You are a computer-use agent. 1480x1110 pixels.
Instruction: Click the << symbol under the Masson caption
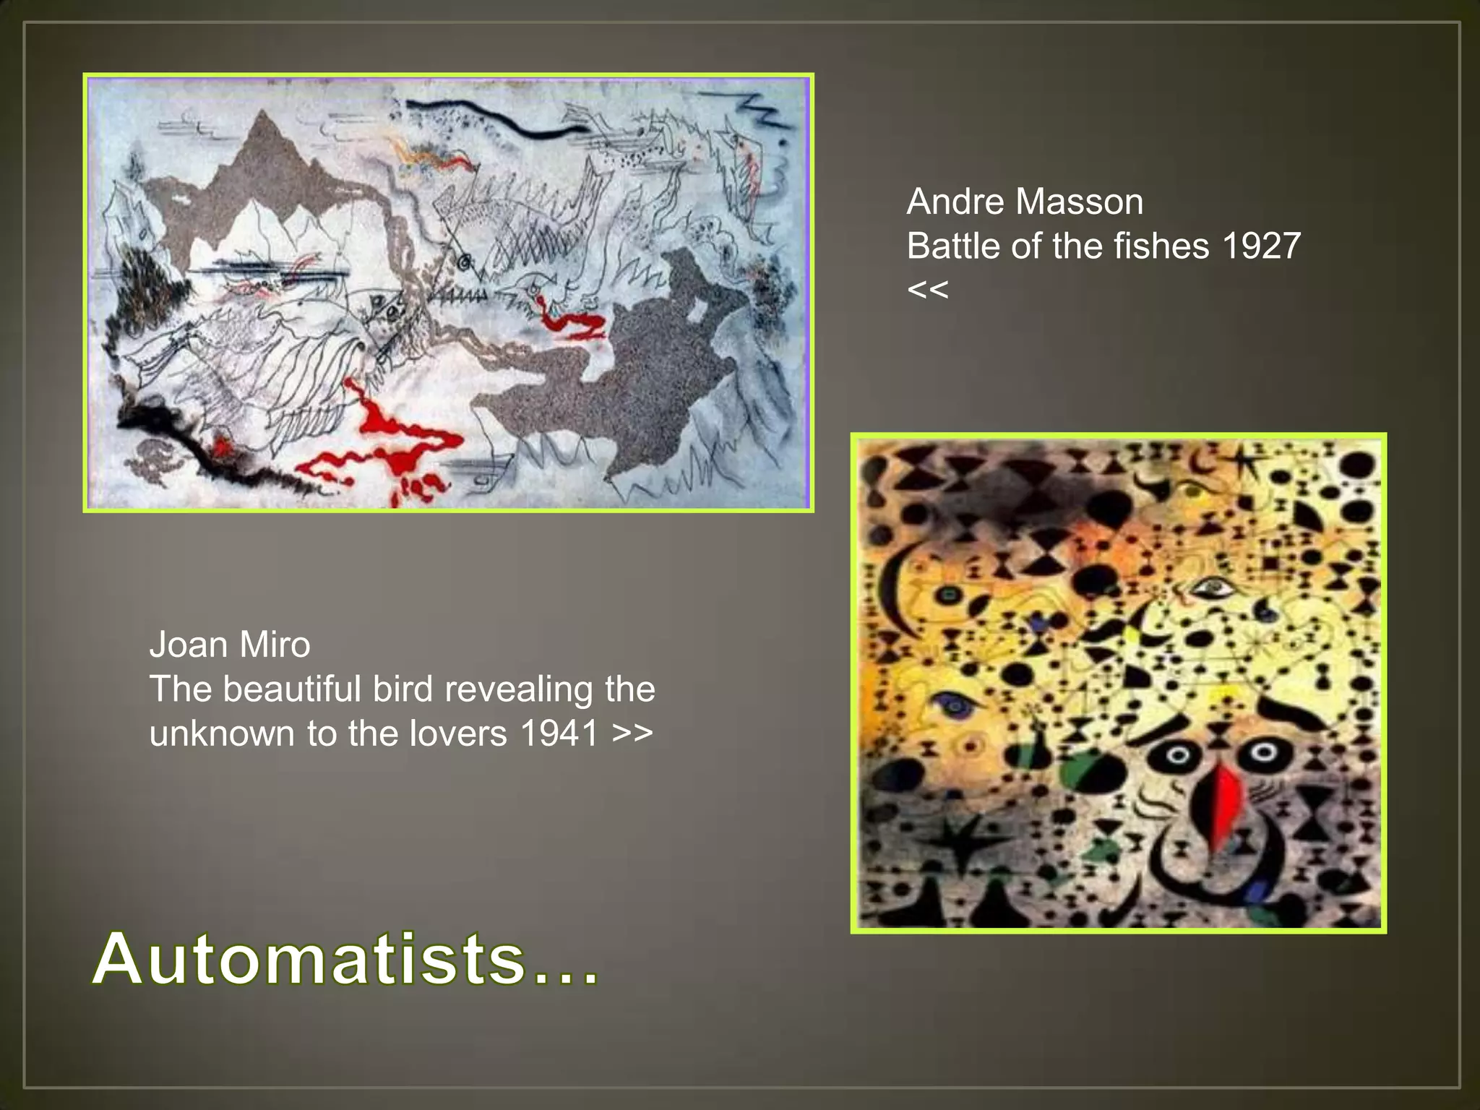pyautogui.click(x=927, y=291)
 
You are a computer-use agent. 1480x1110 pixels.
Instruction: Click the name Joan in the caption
pyautogui.click(x=185, y=645)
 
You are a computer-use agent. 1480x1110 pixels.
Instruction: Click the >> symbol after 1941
pyautogui.click(x=632, y=734)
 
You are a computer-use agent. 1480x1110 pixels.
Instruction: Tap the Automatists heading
pyautogui.click(x=345, y=960)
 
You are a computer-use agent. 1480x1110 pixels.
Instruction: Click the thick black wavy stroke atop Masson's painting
pyautogui.click(x=499, y=119)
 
